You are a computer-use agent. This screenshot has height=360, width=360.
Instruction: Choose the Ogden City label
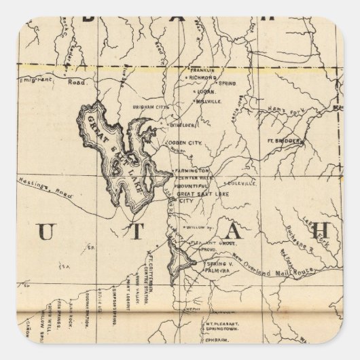coord(192,143)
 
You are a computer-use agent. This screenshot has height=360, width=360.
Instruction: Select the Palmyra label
coord(211,267)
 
